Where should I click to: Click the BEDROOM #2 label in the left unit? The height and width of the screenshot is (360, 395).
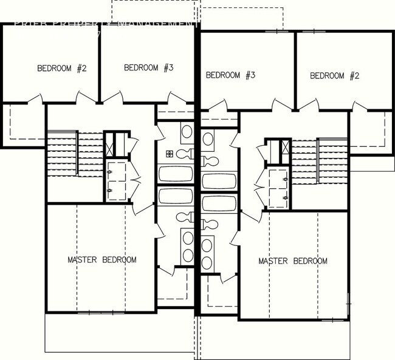62,68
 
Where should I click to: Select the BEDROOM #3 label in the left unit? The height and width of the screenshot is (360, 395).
149,67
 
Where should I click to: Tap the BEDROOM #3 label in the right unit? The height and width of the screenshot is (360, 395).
230,75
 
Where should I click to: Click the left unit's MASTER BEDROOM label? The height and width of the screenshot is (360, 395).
101,260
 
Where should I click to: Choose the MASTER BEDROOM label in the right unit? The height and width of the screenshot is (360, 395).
293,261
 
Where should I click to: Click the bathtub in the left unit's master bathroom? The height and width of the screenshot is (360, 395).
176,197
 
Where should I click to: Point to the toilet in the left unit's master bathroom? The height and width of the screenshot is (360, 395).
185,216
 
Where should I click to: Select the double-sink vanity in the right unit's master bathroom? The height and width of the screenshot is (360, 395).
208,254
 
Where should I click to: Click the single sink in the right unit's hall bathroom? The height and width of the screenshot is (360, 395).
208,139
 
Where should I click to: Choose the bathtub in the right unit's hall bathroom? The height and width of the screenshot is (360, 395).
219,181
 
